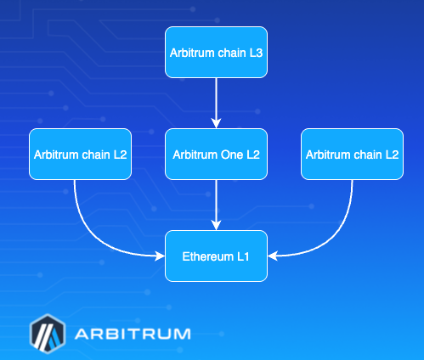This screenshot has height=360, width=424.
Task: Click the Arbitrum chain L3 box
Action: click(216, 52)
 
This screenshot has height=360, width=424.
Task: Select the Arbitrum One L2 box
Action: click(216, 154)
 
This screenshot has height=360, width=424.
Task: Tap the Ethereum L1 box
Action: click(216, 256)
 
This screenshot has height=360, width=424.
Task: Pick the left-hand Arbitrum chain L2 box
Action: click(80, 154)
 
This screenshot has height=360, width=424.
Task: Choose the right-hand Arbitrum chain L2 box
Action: click(352, 154)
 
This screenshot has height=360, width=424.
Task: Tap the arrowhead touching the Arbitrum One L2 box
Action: click(216, 124)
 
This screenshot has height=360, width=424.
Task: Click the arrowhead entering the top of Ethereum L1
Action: click(216, 226)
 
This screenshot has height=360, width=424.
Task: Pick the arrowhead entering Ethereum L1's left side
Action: click(160, 255)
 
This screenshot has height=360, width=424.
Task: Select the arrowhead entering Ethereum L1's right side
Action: click(273, 255)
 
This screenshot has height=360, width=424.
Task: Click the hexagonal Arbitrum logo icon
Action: click(47, 333)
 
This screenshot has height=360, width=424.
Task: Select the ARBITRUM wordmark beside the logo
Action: click(132, 333)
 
